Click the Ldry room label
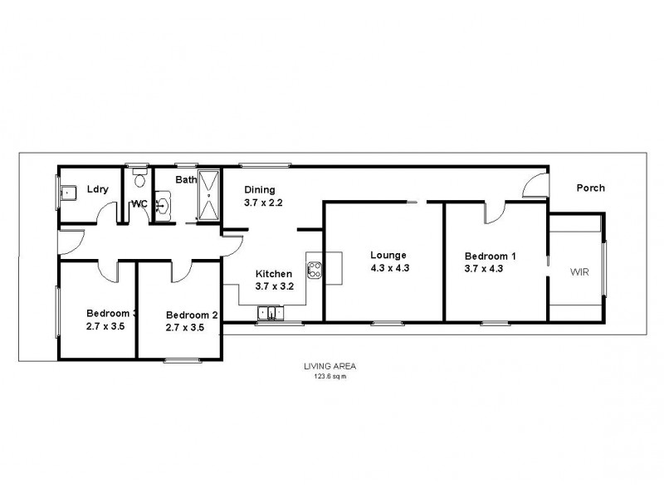pos(98,189)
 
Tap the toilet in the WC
pos(138,180)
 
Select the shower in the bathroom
pos(208,196)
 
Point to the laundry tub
pos(69,193)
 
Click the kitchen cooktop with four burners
pos(315,269)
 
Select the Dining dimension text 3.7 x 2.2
pos(264,202)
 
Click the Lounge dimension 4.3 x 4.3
pos(388,268)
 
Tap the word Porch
pos(590,188)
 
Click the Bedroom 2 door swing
pos(182,270)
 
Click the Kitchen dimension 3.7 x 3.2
pos(273,287)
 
